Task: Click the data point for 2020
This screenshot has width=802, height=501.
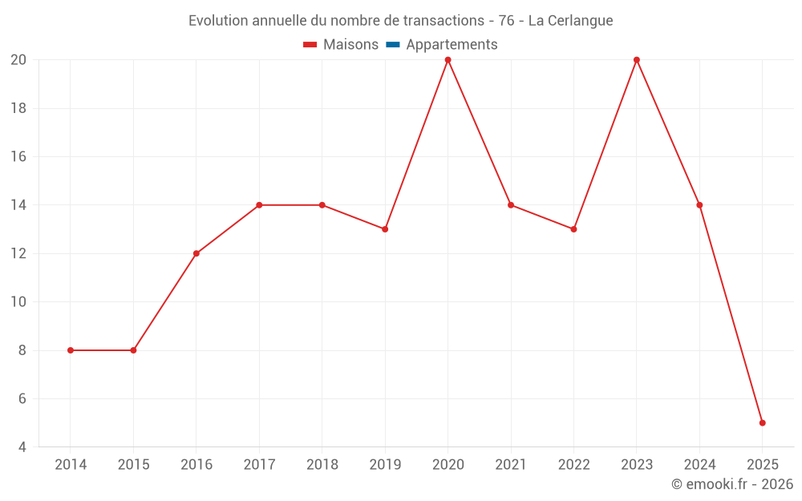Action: pyautogui.click(x=448, y=60)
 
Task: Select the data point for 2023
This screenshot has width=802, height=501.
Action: pyautogui.click(x=637, y=60)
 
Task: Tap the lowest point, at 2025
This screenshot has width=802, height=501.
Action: pyautogui.click(x=763, y=422)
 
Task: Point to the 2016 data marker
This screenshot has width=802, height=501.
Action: pyautogui.click(x=196, y=253)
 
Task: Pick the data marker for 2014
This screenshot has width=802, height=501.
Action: pyautogui.click(x=71, y=350)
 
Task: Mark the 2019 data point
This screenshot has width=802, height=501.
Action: pyautogui.click(x=385, y=229)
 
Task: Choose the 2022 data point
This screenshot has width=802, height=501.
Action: pyautogui.click(x=573, y=229)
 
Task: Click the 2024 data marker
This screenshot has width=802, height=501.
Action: pyautogui.click(x=699, y=205)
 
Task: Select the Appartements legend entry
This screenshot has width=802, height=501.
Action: pyautogui.click(x=452, y=45)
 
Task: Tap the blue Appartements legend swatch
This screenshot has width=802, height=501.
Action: pyautogui.click(x=392, y=45)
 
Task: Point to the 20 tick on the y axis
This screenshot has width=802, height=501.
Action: pyautogui.click(x=18, y=60)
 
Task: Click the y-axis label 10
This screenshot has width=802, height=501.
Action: pyautogui.click(x=18, y=302)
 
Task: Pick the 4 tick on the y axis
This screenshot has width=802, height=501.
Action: pyautogui.click(x=22, y=446)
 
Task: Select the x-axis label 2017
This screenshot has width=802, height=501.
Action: pyautogui.click(x=259, y=465)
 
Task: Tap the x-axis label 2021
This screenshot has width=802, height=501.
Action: pyautogui.click(x=511, y=465)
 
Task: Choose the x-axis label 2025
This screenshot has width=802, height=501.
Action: pyautogui.click(x=763, y=465)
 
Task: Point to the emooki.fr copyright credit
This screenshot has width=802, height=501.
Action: pyautogui.click(x=732, y=484)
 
